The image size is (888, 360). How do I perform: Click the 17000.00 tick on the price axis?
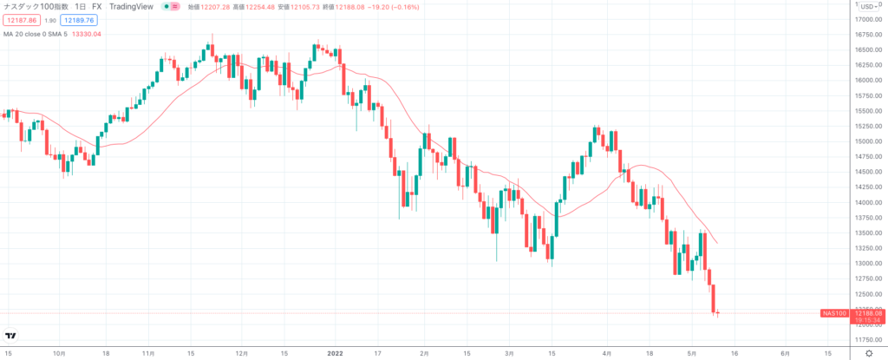868,19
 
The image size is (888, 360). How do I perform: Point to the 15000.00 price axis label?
868,141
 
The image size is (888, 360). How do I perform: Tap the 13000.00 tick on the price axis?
868,263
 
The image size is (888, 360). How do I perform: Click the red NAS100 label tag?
832,312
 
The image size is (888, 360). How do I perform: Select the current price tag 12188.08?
868,312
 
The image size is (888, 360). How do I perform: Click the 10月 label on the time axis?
59,353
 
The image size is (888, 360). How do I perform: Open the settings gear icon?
868,353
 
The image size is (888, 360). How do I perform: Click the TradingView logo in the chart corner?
11,336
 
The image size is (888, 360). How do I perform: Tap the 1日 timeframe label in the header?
80,6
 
